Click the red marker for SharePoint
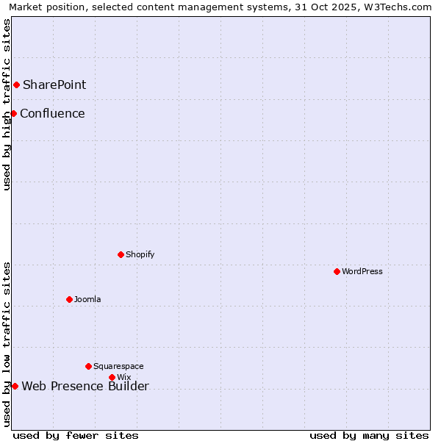pyautogui.click(x=16, y=85)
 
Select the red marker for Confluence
pyautogui.click(x=13, y=113)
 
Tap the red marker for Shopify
pyautogui.click(x=121, y=254)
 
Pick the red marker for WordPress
pyautogui.click(x=337, y=271)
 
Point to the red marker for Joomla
pyautogui.click(x=69, y=299)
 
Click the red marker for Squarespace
pyautogui.click(x=88, y=366)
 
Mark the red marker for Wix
pyautogui.click(x=112, y=377)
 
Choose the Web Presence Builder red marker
pyautogui.click(x=15, y=386)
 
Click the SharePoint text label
pyautogui.click(x=54, y=85)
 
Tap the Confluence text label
pyautogui.click(x=52, y=113)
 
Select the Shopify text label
pyautogui.click(x=140, y=254)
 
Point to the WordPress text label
pyautogui.click(x=362, y=271)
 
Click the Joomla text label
pyautogui.click(x=87, y=299)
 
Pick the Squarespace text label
pyautogui.click(x=118, y=366)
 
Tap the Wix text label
pyautogui.click(x=123, y=377)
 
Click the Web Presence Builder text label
pyautogui.click(x=85, y=387)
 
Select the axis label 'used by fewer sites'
pyautogui.click(x=76, y=435)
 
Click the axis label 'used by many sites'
pyautogui.click(x=369, y=435)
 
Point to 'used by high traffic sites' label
pyautogui.click(x=7, y=104)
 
